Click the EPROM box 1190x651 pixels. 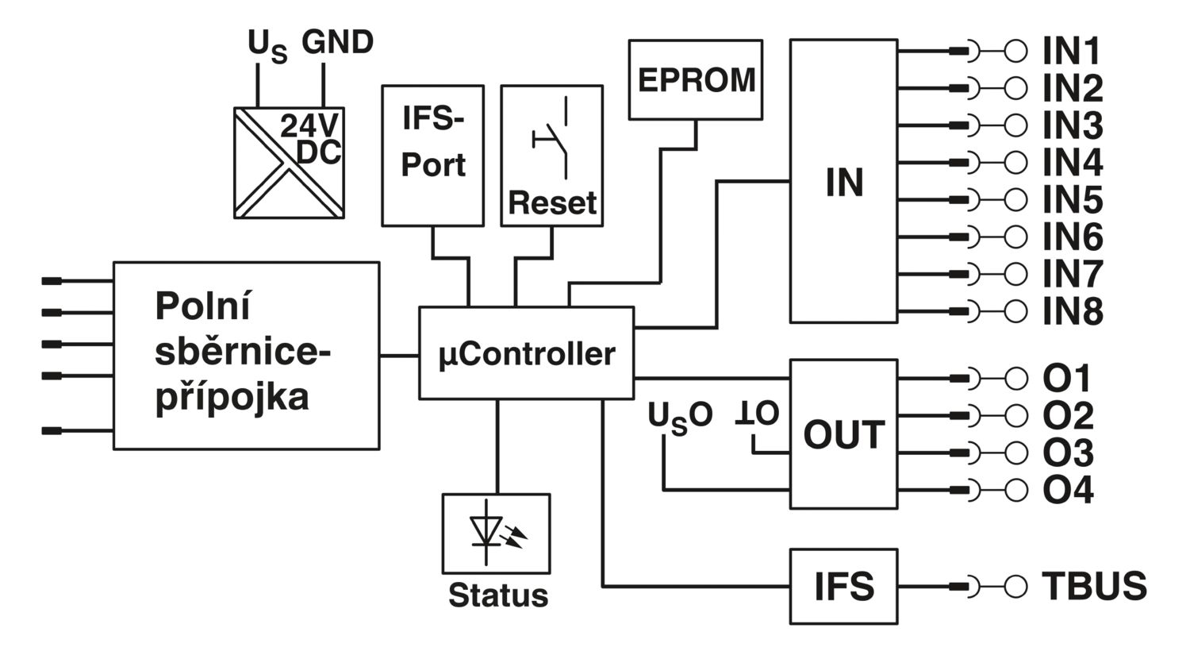click(696, 79)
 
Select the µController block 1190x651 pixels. click(527, 352)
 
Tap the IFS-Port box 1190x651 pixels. click(433, 156)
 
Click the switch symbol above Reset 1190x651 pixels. click(551, 138)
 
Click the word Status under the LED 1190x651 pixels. click(497, 595)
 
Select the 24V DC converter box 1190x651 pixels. click(289, 163)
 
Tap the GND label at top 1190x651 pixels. click(337, 42)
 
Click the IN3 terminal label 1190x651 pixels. click(1073, 125)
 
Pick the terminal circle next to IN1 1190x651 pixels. click(1015, 52)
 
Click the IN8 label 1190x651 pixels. click(1073, 311)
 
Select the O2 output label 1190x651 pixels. click(1068, 415)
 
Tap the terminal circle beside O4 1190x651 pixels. click(1015, 490)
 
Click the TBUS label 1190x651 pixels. click(1094, 586)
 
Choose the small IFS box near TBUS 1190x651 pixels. click(843, 586)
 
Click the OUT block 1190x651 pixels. click(843, 434)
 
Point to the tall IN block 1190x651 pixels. click(843, 181)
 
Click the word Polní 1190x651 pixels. click(202, 306)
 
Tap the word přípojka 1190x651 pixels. click(232, 398)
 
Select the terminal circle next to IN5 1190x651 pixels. click(1015, 200)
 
